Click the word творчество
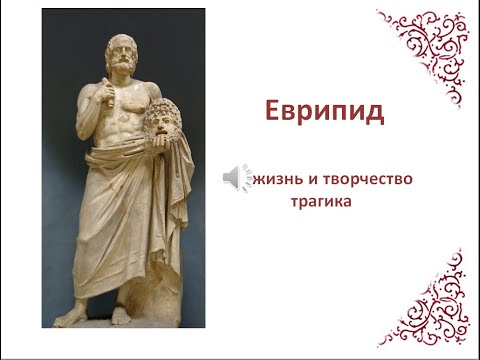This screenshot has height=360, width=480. pos(367,181)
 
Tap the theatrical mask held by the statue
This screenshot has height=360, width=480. pos(159,126)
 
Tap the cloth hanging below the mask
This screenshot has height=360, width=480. pos(172,210)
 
